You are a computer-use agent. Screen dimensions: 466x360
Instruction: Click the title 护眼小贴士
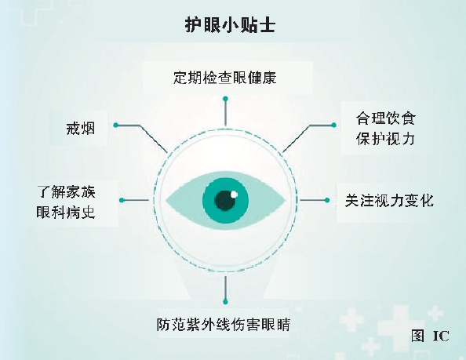pos(230,24)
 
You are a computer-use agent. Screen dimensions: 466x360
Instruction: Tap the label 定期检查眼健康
pos(225,78)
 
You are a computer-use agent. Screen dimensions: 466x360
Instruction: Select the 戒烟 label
pos(80,129)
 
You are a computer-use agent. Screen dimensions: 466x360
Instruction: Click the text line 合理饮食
pos(385,118)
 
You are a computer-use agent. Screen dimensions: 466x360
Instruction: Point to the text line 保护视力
pos(385,138)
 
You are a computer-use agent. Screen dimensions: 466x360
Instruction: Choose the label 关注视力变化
pos(389,201)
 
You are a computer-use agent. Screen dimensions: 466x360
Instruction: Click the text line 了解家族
pos(66,192)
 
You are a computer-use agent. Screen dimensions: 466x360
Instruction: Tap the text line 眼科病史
pos(66,212)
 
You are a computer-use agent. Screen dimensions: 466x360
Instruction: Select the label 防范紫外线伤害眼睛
pos(223,325)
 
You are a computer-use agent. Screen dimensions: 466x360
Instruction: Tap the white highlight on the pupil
pos(234,195)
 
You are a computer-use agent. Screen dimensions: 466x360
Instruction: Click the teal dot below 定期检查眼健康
pos(225,99)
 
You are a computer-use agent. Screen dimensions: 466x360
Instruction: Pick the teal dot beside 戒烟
pos(116,125)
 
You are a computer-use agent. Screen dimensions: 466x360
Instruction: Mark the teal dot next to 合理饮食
pos(333,125)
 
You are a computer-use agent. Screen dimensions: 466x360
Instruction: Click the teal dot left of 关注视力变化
pos(327,200)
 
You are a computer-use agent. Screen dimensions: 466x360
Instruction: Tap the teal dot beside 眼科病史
pos(122,200)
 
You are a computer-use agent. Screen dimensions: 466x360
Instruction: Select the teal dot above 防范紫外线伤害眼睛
pos(225,302)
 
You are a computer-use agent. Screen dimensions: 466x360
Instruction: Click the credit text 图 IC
pos(430,336)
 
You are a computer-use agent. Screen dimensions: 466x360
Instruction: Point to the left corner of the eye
pos(166,201)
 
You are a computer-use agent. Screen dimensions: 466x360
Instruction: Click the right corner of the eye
pos(286,201)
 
